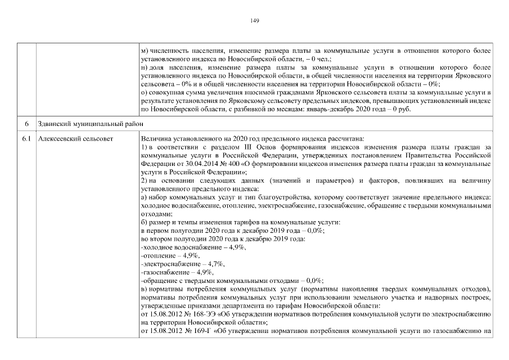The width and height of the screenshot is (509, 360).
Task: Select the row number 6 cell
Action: click(26, 123)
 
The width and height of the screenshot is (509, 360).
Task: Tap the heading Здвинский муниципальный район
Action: click(79, 123)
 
